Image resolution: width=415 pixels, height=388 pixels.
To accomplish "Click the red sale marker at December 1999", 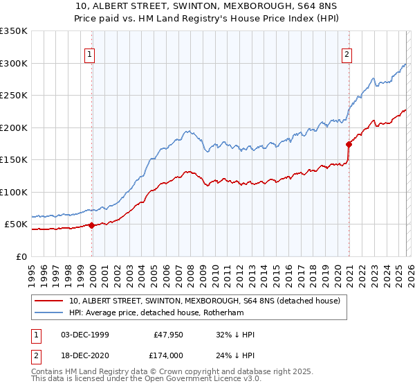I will (91, 224).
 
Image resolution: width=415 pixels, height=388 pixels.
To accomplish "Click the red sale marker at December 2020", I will (349, 143).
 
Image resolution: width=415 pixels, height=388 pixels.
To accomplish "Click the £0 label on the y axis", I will (21, 256).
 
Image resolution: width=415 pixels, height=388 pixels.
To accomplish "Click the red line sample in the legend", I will (49, 301).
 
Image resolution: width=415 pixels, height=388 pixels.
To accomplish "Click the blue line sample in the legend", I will (49, 313).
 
